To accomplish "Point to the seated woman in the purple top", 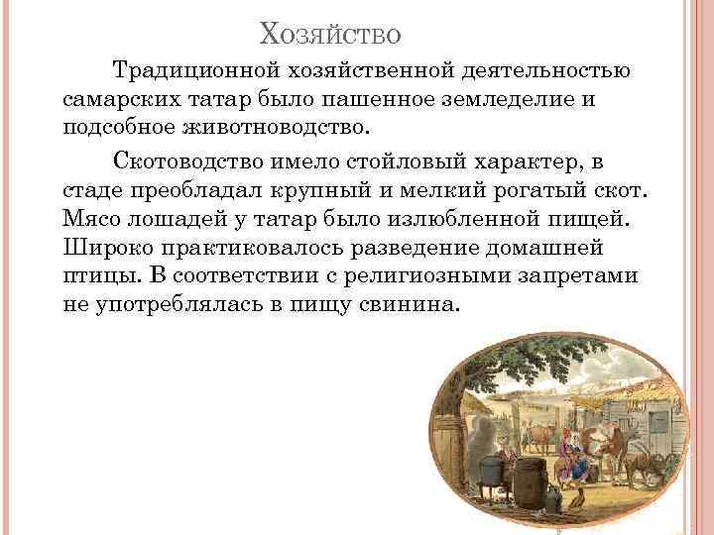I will [x=572, y=459].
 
